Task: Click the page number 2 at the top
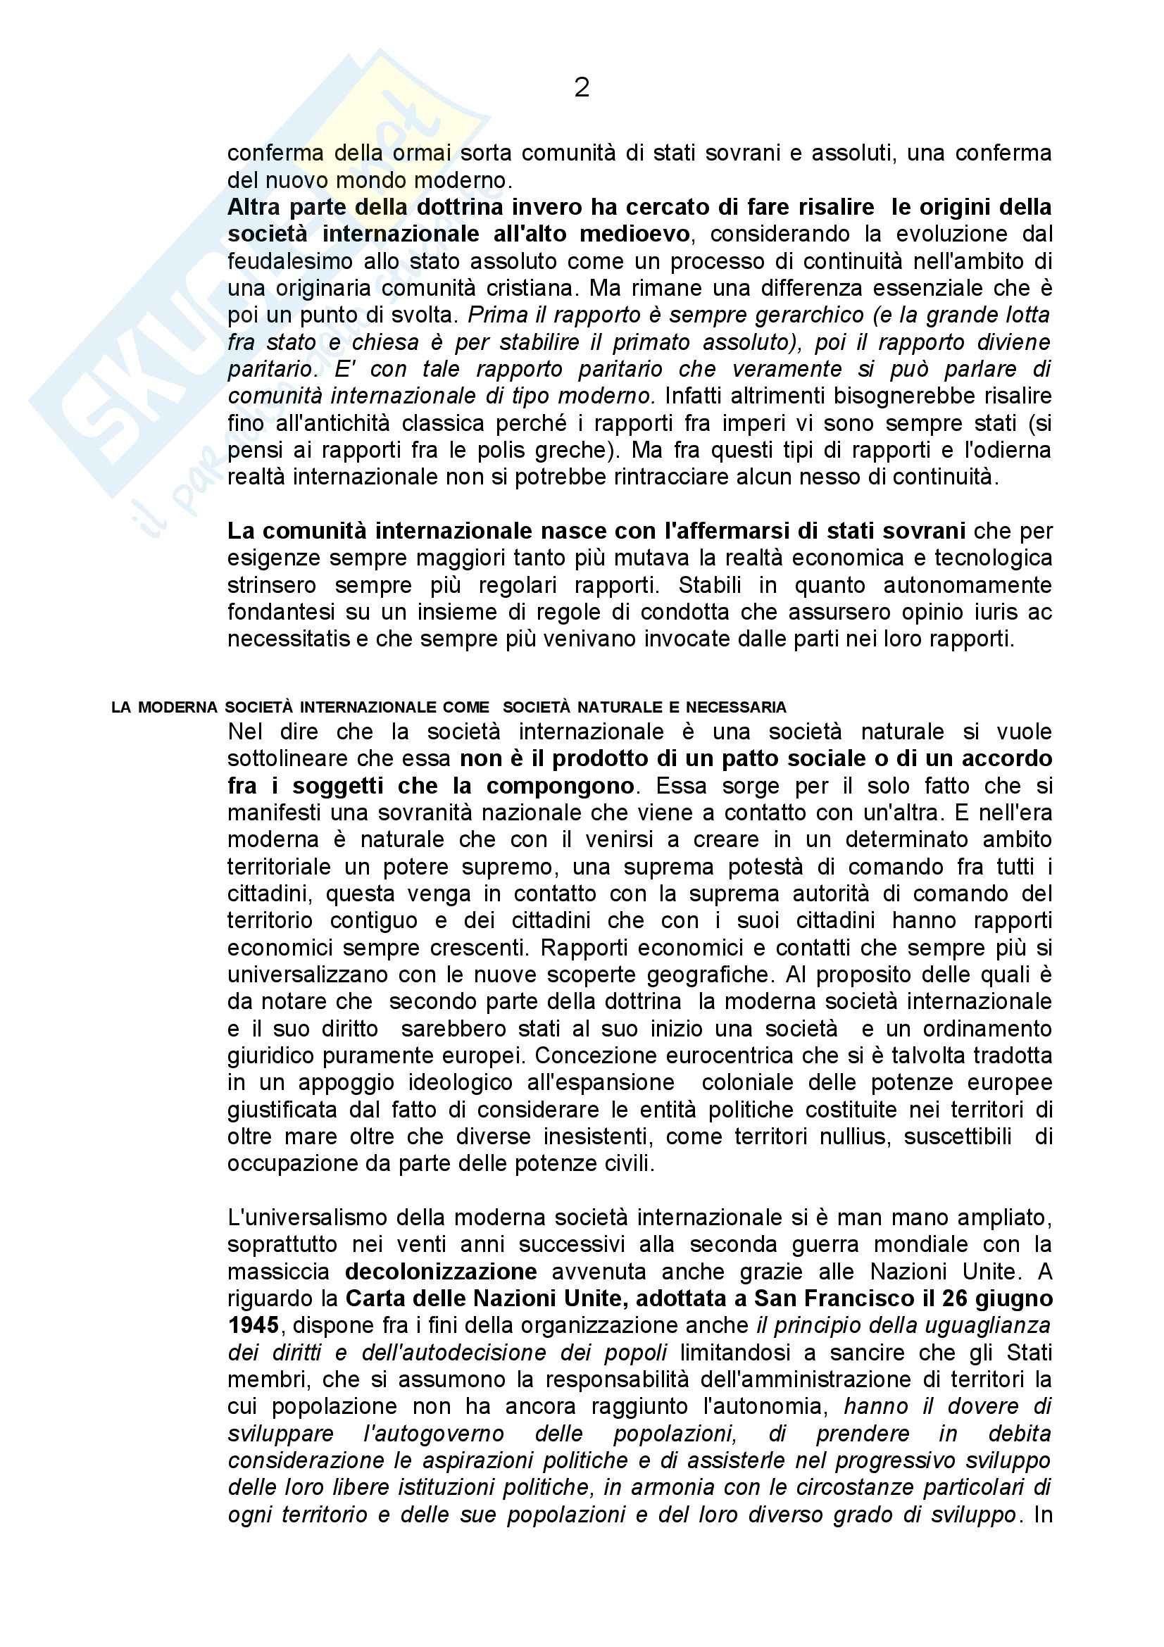tap(582, 88)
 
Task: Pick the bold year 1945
tap(254, 1325)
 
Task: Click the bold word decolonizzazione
tap(440, 1271)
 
